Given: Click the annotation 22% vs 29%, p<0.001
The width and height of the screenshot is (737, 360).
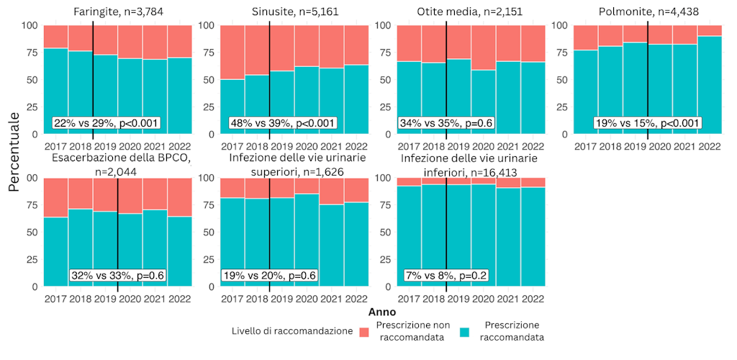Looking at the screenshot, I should (106, 123).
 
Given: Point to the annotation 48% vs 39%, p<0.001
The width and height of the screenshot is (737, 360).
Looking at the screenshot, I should (282, 123).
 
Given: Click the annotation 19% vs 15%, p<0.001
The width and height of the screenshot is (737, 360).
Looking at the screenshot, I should (648, 123).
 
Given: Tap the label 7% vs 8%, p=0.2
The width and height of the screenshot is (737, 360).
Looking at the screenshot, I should (446, 276).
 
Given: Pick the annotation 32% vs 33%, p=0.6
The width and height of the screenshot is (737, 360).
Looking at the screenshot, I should (117, 276).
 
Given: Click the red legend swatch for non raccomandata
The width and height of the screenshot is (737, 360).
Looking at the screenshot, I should (364, 331).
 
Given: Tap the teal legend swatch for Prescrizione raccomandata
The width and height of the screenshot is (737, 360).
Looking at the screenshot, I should (464, 331).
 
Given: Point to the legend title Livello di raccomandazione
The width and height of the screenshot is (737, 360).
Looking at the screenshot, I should (292, 331).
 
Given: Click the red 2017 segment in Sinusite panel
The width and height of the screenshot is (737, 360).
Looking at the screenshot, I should (232, 52).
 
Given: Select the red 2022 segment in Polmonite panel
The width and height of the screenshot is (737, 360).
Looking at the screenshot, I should (710, 30).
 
